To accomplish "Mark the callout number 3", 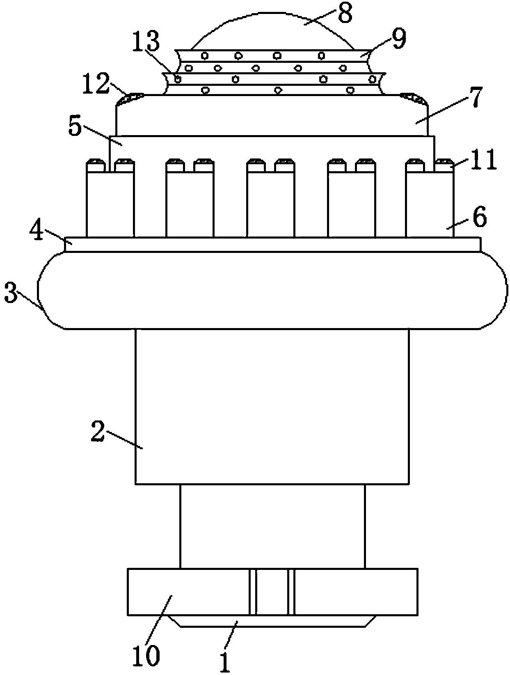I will click(11, 295).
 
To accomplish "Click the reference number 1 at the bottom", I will click(224, 660).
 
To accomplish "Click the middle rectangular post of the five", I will click(270, 205).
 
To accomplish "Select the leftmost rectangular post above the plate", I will click(110, 205).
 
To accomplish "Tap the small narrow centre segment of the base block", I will click(272, 592).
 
